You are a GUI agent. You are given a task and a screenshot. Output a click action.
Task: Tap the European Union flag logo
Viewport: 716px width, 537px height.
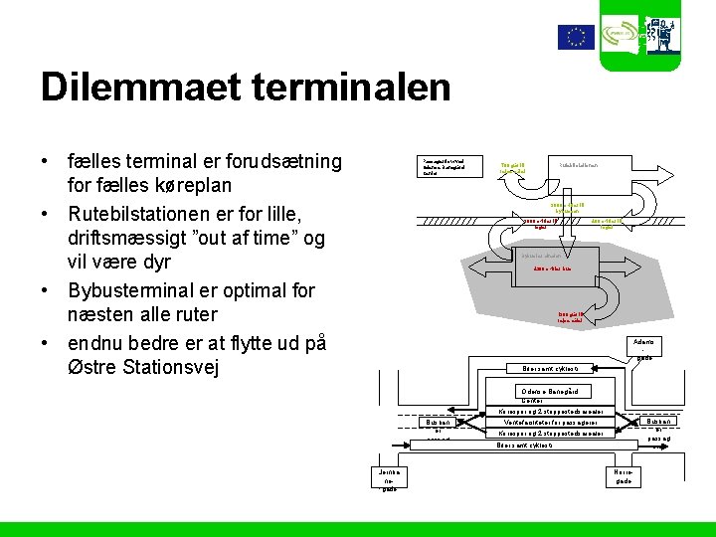[x=575, y=38]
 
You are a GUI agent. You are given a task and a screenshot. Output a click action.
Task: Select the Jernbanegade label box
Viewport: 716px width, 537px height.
[x=389, y=478]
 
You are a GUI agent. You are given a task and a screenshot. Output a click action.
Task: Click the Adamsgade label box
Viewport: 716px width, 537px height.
[x=644, y=349]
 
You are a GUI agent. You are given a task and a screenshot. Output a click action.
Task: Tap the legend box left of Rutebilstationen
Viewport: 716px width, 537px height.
[x=451, y=166]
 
